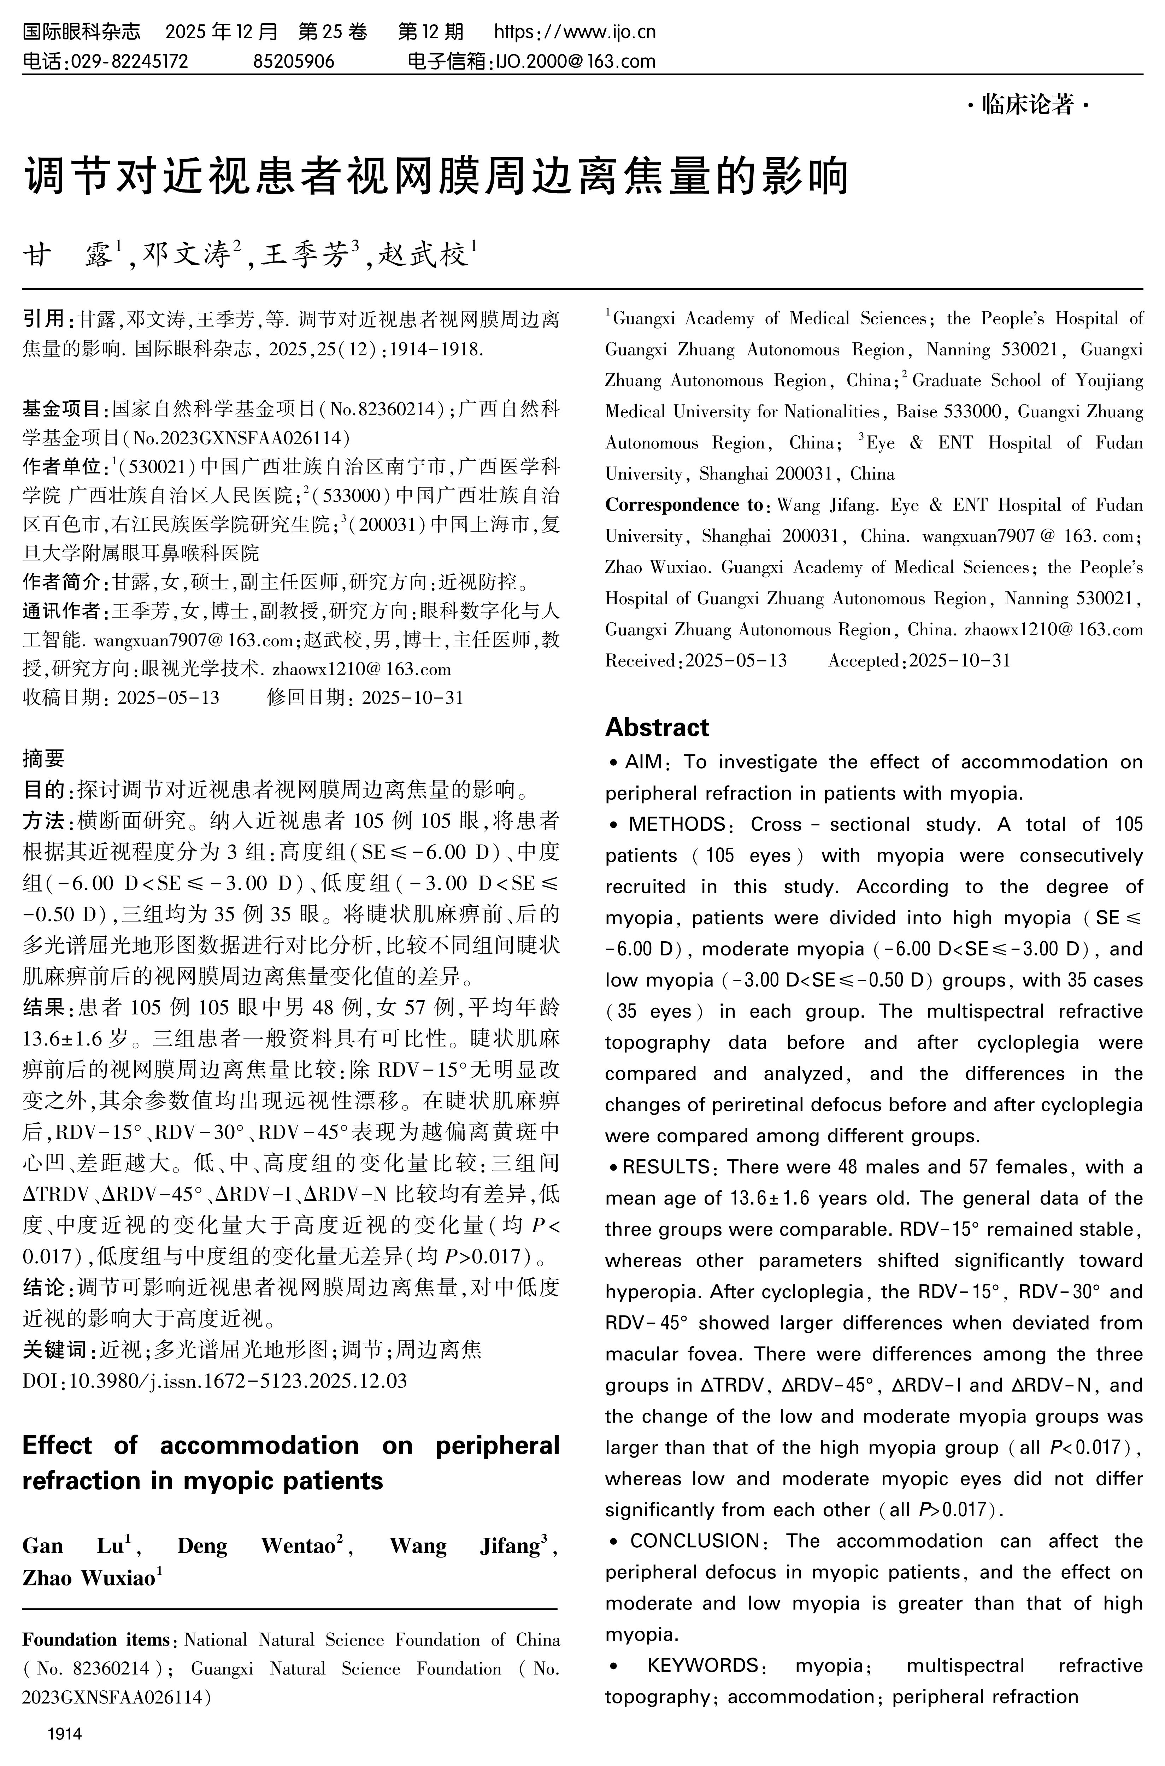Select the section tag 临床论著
pos(1028,106)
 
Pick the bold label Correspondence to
pos(683,505)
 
